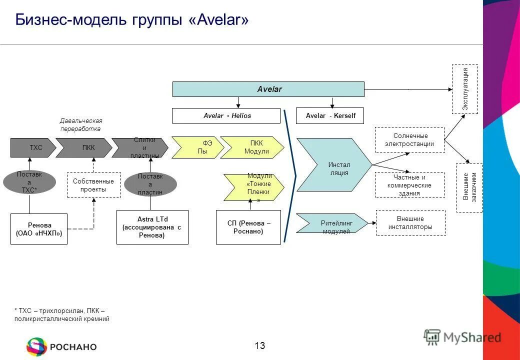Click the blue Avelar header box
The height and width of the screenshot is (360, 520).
coord(268,89)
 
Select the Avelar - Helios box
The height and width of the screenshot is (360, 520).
coord(226,115)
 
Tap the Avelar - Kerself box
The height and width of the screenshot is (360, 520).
coord(330,115)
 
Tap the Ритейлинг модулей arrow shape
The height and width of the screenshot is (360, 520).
coord(331,223)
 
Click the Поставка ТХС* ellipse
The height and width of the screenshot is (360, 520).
coord(29,182)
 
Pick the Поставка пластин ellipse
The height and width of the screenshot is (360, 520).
coord(150,184)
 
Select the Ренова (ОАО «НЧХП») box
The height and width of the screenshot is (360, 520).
coord(39,229)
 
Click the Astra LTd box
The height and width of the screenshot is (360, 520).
coord(152,227)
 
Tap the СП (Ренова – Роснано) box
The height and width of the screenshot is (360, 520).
coord(248,227)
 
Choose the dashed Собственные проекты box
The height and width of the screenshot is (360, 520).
coord(93,184)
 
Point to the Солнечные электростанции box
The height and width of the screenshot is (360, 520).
coord(409,139)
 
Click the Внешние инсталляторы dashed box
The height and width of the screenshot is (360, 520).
coord(410,222)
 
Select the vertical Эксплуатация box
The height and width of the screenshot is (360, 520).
coord(464,89)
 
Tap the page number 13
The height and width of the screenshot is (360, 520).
coord(259,345)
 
